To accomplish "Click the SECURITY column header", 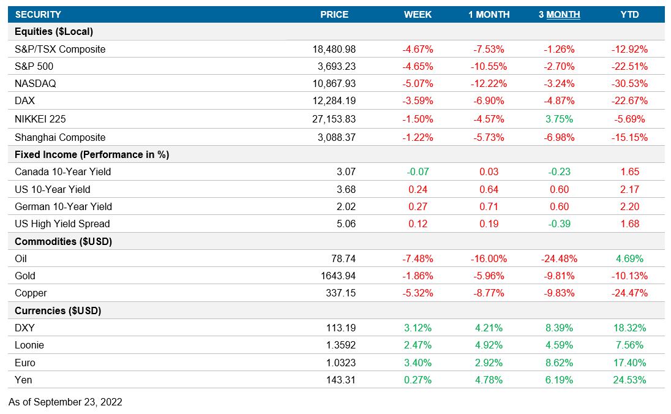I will click(38, 15).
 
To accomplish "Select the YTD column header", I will click(629, 15).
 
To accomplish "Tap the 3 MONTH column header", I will click(559, 15).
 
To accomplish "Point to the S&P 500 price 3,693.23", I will click(334, 66).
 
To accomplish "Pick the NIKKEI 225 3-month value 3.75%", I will click(559, 119).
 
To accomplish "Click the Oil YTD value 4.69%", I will click(629, 258).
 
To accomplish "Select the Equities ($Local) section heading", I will click(54, 32).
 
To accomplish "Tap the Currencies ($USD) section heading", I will click(58, 310).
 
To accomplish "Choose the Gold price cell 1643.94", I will click(338, 276).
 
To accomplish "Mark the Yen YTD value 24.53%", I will click(629, 380).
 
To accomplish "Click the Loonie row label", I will click(29, 345).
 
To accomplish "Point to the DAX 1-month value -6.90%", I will click(489, 100).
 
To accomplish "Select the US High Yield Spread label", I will click(62, 224).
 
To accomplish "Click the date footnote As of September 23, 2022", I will click(66, 402).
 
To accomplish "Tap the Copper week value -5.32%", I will click(418, 293).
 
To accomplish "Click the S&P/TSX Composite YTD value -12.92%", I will click(629, 49).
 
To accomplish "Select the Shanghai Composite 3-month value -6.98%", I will click(559, 137).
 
